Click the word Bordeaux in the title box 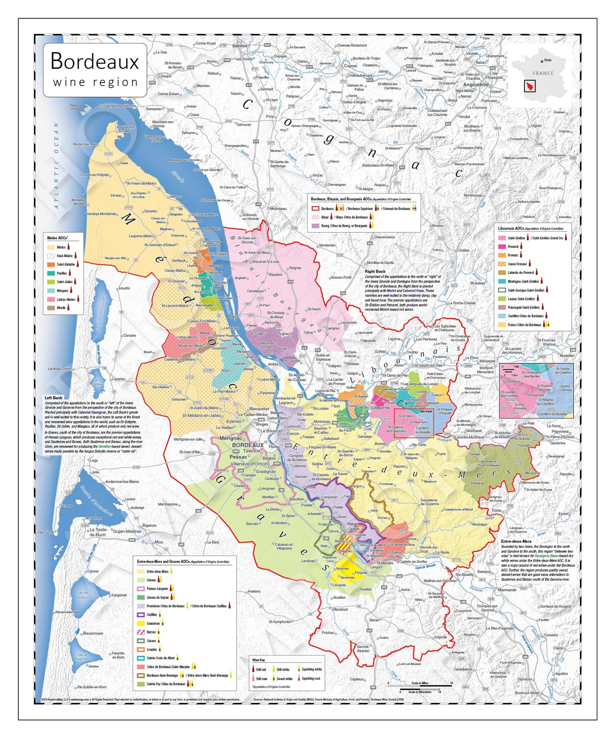(x=95, y=61)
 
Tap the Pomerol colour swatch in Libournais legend (x=502, y=247)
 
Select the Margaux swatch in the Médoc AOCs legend (x=51, y=290)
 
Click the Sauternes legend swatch (x=141, y=623)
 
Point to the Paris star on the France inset (x=542, y=61)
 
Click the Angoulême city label (x=476, y=85)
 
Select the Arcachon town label (x=93, y=518)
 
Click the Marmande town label (x=507, y=590)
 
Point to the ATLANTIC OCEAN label (x=56, y=166)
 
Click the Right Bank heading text (x=375, y=271)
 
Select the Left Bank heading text (x=53, y=398)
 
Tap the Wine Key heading (x=259, y=660)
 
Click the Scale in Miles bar (x=420, y=685)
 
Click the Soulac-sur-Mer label (x=84, y=144)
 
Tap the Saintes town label (x=240, y=46)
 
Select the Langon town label (x=376, y=567)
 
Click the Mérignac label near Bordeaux (x=230, y=438)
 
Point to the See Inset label (x=426, y=411)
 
